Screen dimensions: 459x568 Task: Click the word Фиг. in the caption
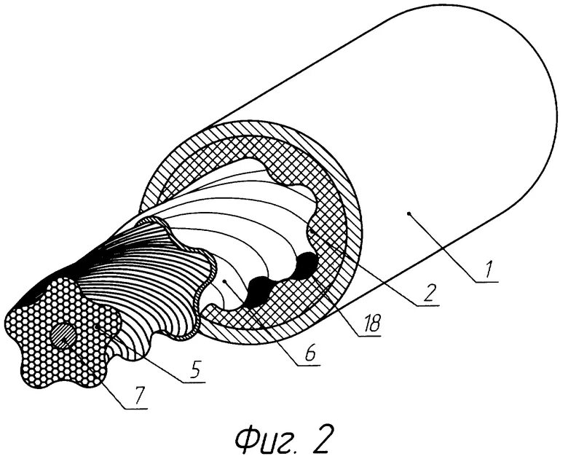pyautogui.click(x=259, y=439)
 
